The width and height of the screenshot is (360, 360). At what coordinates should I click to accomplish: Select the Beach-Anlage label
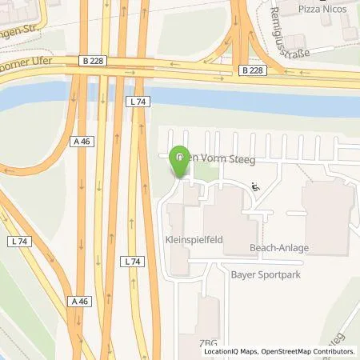click(278, 247)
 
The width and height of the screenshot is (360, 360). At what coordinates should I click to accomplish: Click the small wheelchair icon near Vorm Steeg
click(255, 187)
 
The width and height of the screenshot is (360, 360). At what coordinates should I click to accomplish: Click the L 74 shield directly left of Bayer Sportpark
click(134, 262)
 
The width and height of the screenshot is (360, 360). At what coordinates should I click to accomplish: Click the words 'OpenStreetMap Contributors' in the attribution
click(306, 351)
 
